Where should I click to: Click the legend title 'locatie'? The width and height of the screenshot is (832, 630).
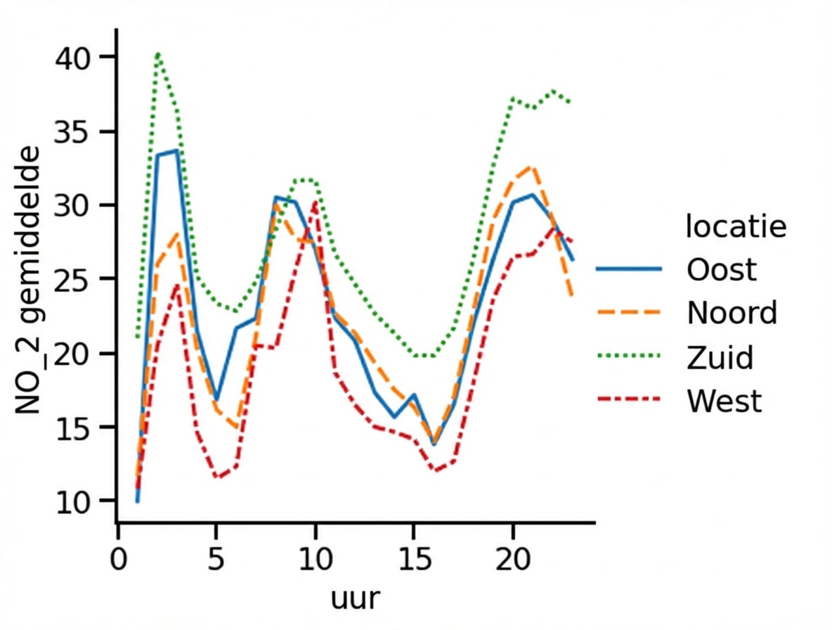pyautogui.click(x=735, y=227)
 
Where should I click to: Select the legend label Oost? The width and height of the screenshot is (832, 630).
pyautogui.click(x=722, y=270)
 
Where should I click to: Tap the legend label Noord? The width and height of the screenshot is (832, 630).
pyautogui.click(x=732, y=313)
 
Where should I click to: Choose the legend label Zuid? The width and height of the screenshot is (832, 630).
pyautogui.click(x=720, y=358)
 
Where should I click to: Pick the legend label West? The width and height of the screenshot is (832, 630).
pyautogui.click(x=724, y=401)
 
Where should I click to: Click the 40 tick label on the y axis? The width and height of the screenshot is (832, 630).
pyautogui.click(x=74, y=57)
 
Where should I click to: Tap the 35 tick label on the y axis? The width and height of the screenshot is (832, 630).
pyautogui.click(x=74, y=131)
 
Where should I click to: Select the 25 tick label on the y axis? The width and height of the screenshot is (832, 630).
pyautogui.click(x=74, y=279)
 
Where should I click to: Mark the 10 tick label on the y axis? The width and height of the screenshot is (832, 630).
pyautogui.click(x=74, y=501)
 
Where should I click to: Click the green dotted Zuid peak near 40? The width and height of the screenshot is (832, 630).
pyautogui.click(x=158, y=53)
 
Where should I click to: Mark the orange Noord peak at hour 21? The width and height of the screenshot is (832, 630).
pyautogui.click(x=533, y=167)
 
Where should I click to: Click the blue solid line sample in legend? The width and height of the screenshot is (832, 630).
pyautogui.click(x=629, y=269)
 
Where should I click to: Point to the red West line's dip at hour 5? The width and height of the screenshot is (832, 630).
pyautogui.click(x=217, y=477)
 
